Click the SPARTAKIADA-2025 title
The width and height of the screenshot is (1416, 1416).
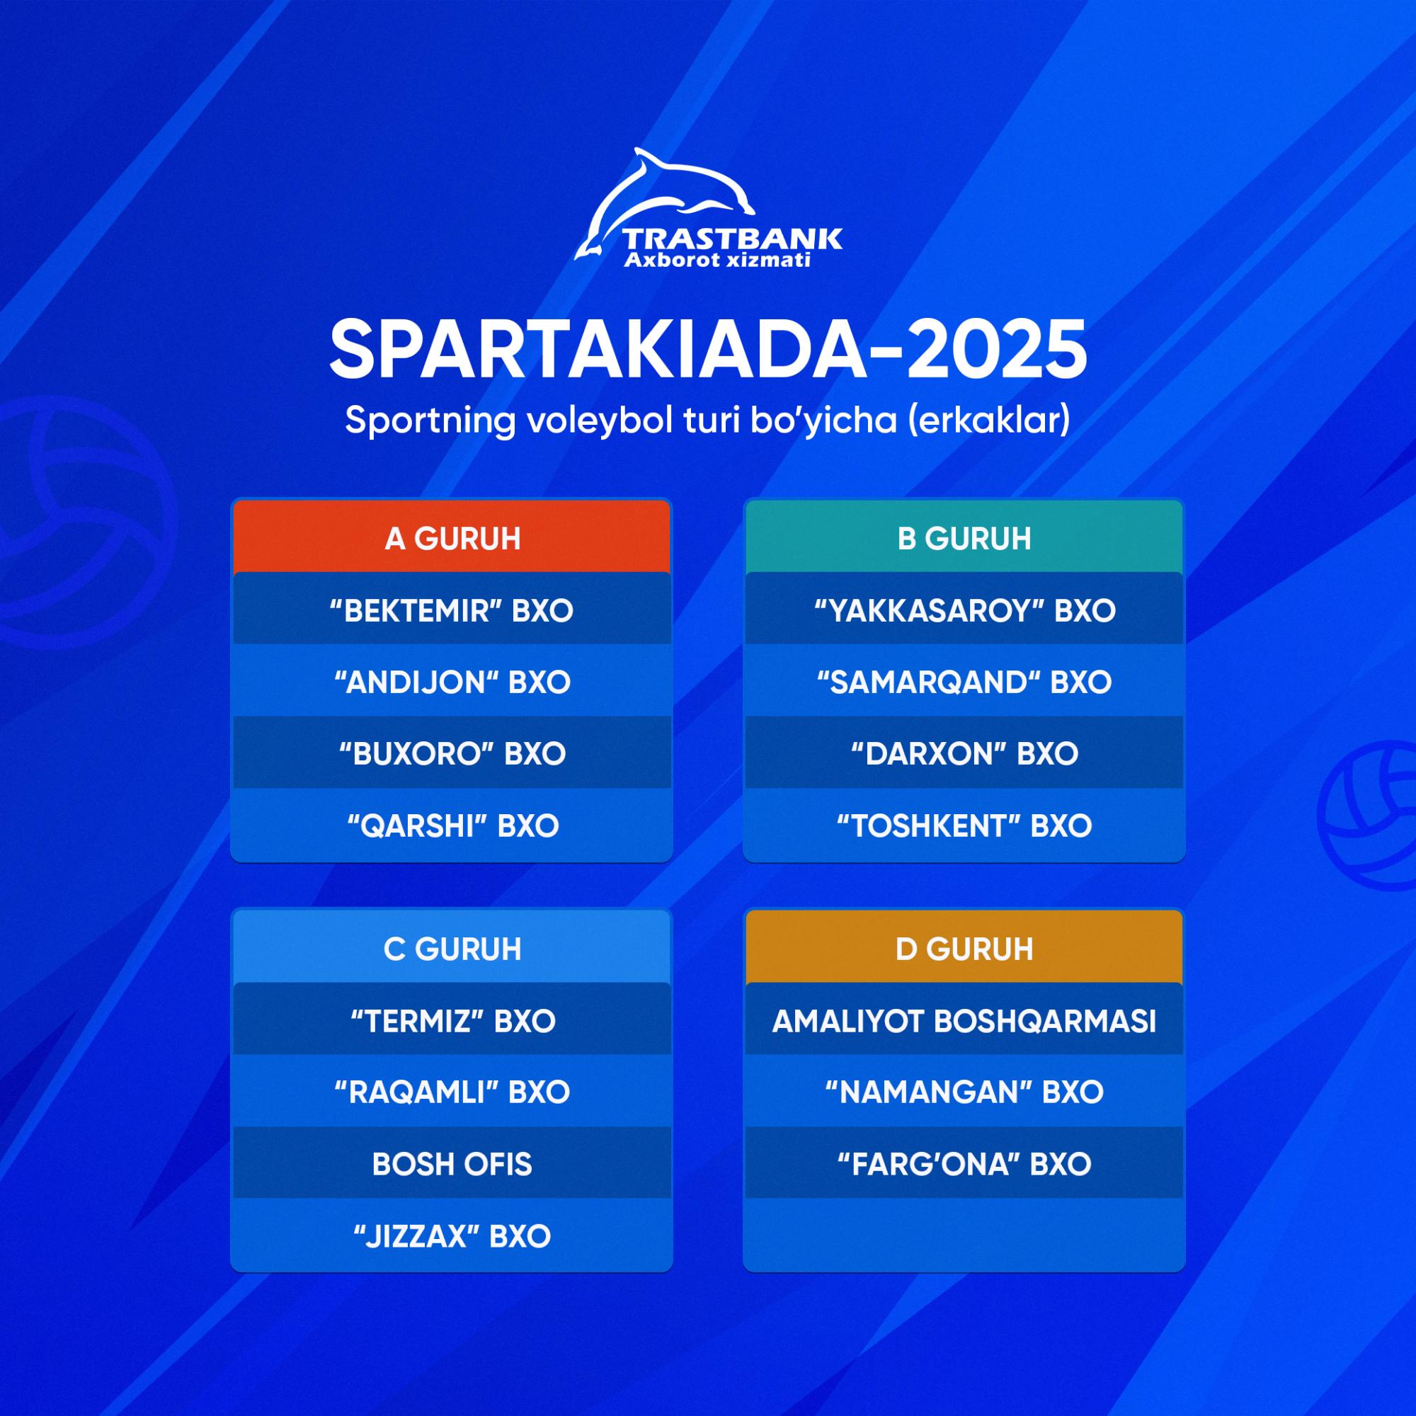tap(708, 350)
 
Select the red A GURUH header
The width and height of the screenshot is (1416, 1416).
tap(452, 537)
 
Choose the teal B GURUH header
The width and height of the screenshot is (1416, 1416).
tap(964, 537)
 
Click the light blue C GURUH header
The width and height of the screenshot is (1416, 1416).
tap(452, 948)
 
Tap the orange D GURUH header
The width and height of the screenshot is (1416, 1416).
tap(964, 948)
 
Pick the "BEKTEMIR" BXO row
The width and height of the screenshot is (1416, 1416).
tap(452, 610)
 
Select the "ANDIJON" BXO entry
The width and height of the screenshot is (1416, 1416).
tap(452, 682)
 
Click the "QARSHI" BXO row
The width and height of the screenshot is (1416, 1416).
tap(452, 826)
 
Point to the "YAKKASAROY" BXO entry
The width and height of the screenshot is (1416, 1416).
tap(964, 610)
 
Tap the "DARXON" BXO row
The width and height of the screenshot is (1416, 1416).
tap(964, 753)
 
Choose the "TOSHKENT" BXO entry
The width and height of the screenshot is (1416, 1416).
tap(964, 826)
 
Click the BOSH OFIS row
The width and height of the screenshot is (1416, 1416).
tap(452, 1164)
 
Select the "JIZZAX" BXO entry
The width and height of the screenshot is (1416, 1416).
tap(452, 1235)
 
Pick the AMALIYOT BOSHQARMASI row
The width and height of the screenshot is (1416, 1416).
tap(964, 1020)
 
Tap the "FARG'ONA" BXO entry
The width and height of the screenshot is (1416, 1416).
tap(964, 1164)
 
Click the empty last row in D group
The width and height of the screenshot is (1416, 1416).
tap(964, 1235)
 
